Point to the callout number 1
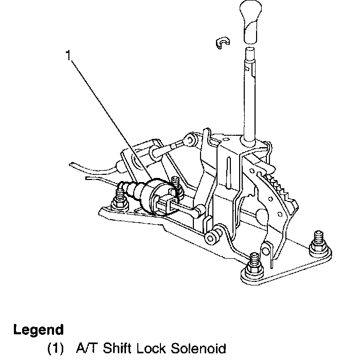[x=67, y=55]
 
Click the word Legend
[x=39, y=329]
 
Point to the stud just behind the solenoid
[x=176, y=183]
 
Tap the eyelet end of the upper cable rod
[x=191, y=138]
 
